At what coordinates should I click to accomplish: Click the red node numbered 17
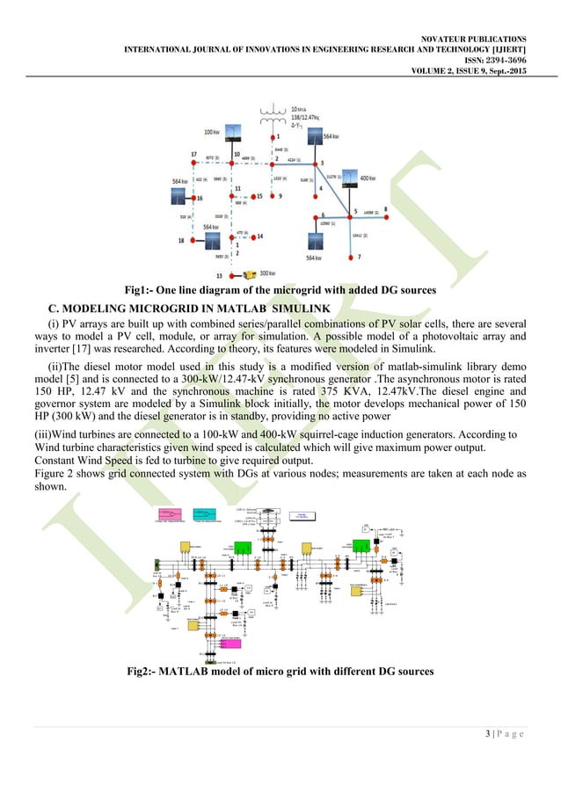[x=193, y=163]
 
